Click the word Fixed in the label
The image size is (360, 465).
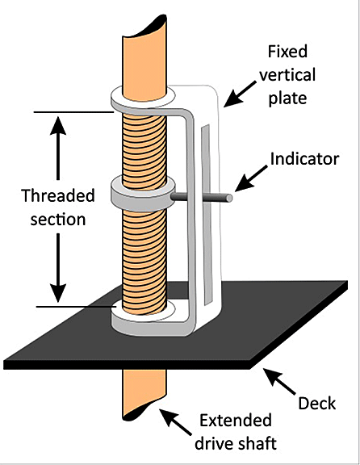[x=287, y=52]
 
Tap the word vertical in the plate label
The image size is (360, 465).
[x=287, y=74]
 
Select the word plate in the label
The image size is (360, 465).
[x=287, y=98]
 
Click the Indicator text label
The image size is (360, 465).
[x=304, y=159]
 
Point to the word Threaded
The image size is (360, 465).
[x=58, y=195]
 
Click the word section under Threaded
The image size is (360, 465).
[x=58, y=220]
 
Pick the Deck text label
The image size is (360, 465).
[x=316, y=404]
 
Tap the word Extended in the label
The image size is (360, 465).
[x=236, y=421]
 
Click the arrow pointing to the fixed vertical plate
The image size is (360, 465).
[x=240, y=94]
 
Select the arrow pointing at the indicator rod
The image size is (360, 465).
[x=251, y=178]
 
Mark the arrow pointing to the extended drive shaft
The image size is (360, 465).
[x=175, y=422]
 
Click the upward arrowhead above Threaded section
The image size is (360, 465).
[x=58, y=125]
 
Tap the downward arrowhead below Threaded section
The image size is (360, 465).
[x=58, y=293]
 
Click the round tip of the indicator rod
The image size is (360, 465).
[x=228, y=198]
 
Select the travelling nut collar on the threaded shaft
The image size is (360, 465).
[x=143, y=194]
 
